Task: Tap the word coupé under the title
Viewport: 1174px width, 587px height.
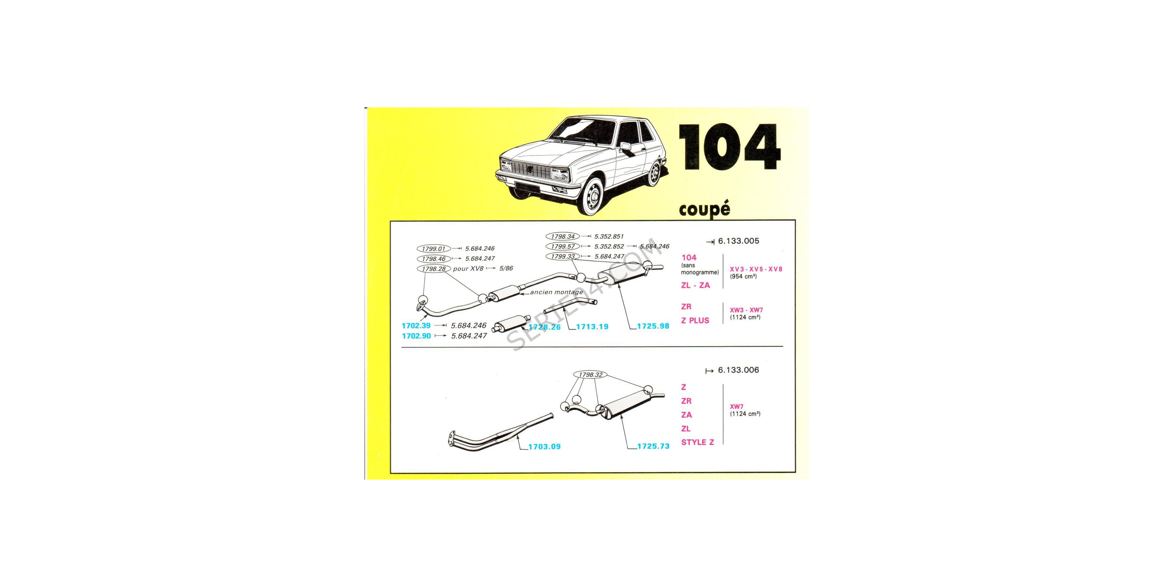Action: tap(704, 209)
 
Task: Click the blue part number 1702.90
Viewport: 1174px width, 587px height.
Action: tap(416, 336)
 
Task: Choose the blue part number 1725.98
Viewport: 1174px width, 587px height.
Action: tap(653, 326)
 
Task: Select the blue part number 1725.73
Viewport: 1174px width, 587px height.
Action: tap(653, 446)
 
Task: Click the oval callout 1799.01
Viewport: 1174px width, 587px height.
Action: tap(433, 248)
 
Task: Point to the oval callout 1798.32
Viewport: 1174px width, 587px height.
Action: tap(590, 375)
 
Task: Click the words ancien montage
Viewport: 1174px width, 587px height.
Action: tap(556, 292)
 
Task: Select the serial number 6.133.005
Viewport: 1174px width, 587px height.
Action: tap(738, 241)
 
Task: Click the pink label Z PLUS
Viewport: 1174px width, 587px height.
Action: tap(695, 321)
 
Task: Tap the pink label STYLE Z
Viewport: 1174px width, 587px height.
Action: tap(697, 442)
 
